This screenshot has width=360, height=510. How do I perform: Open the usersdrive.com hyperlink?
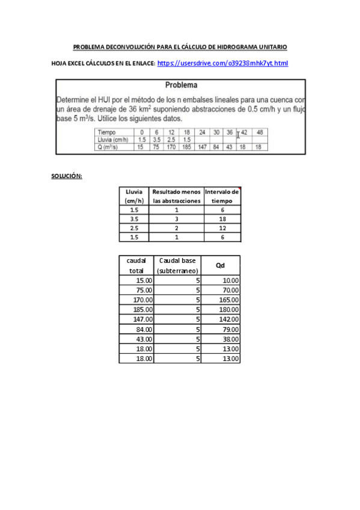click(x=222, y=63)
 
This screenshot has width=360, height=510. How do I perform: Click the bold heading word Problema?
click(x=181, y=85)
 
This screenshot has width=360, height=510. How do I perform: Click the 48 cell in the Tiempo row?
click(x=259, y=132)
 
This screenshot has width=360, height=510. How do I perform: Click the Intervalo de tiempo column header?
click(x=222, y=196)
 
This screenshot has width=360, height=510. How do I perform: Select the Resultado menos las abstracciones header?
click(x=176, y=196)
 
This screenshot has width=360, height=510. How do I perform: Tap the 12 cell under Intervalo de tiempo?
click(x=222, y=228)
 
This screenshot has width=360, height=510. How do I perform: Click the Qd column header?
click(x=221, y=265)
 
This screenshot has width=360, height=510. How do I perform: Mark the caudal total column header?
click(x=136, y=265)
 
